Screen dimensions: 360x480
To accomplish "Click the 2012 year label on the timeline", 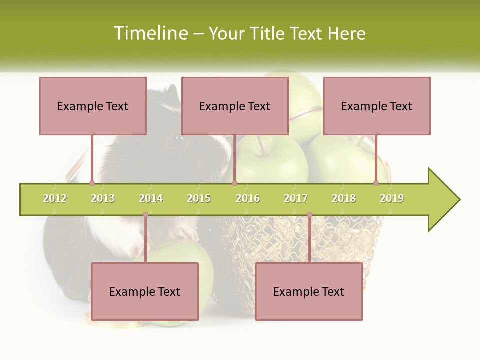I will coord(55,198).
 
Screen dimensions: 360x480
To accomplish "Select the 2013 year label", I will coord(103,198).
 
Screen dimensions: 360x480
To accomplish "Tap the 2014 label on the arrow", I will coord(151,198).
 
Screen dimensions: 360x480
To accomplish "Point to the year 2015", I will coord(199,198).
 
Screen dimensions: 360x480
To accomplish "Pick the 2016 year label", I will coord(248,198).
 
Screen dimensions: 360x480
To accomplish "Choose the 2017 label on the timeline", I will coord(296,198).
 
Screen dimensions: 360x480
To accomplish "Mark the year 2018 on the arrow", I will coord(344,198).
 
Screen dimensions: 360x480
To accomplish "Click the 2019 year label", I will coord(392,198).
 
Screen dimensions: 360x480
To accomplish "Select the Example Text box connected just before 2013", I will coord(93,106).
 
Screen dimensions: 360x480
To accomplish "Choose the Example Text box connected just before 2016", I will coord(235,106).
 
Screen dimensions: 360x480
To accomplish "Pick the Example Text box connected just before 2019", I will coord(377,106).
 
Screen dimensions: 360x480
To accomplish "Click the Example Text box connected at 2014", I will coord(145,291).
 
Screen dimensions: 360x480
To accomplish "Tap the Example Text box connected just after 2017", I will coord(309,291).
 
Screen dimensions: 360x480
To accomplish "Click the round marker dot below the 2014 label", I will coord(145,215).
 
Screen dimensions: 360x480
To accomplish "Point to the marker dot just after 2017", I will coord(309,215).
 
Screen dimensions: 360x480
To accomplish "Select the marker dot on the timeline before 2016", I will coord(234,183).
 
